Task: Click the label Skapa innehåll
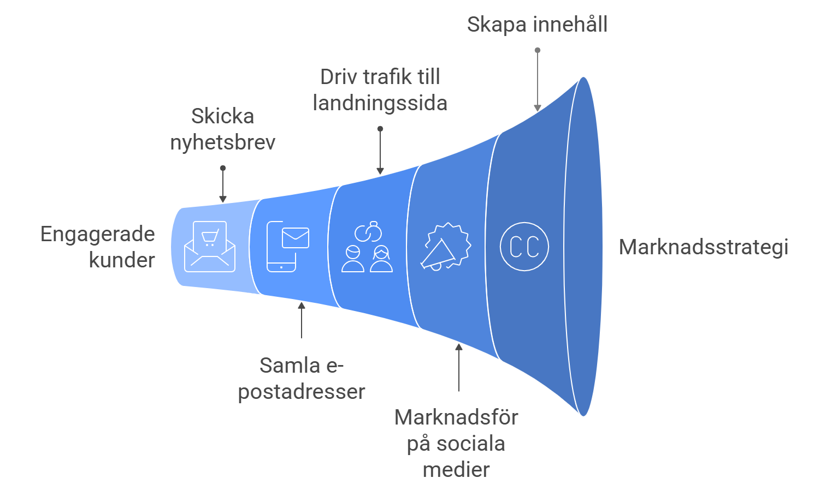[x=537, y=25]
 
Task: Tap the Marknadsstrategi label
[x=704, y=247]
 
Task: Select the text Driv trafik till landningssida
[x=380, y=90]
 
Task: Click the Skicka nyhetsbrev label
[x=223, y=129]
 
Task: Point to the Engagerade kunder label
[x=98, y=247]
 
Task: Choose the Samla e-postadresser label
[x=302, y=378]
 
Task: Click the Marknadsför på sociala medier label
[x=456, y=443]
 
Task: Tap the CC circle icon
[x=524, y=247]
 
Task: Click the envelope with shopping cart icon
[x=210, y=247]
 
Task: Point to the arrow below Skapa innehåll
[x=538, y=80]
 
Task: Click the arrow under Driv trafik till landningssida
[x=380, y=152]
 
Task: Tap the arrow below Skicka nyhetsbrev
[x=223, y=185]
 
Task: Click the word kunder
[x=122, y=260]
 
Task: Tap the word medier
[x=456, y=469]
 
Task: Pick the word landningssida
[x=380, y=103]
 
